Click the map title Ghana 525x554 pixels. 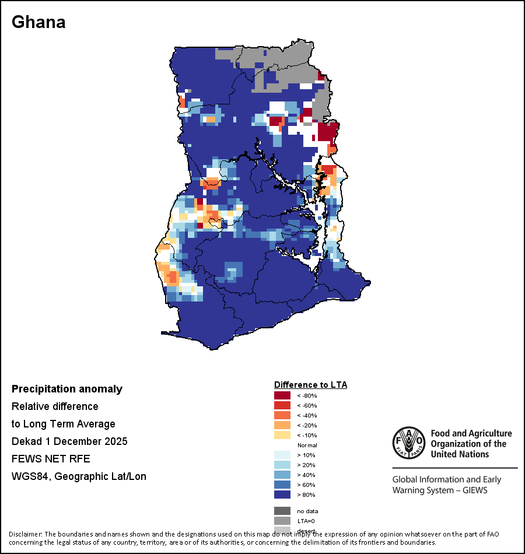[x=38, y=22]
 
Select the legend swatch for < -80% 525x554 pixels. [x=282, y=395]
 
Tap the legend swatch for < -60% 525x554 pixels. [x=282, y=405]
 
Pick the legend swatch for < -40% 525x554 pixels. [x=282, y=415]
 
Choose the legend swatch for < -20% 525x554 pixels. [x=282, y=425]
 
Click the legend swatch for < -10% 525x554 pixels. [x=282, y=435]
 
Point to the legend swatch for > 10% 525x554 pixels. [x=282, y=455]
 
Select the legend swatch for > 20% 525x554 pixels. [x=282, y=465]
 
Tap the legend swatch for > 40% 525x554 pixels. [x=282, y=475]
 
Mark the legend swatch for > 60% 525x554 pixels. [x=282, y=485]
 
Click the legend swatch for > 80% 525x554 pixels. [x=282, y=495]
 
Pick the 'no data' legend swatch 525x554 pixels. [x=282, y=511]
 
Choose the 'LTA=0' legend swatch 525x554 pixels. [x=282, y=521]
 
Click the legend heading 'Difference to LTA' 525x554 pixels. [x=310, y=385]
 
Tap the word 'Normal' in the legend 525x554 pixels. [x=307, y=445]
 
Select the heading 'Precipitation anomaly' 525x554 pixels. [x=67, y=389]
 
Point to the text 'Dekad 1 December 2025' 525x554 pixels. [x=69, y=441]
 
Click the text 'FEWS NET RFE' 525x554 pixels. [x=51, y=459]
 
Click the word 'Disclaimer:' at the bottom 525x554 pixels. [x=25, y=534]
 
